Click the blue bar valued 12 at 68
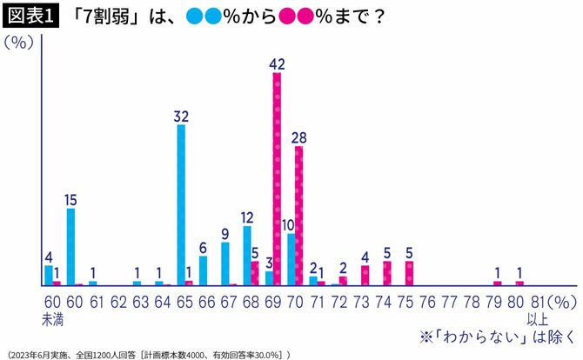point(247,255)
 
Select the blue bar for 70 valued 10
point(291,258)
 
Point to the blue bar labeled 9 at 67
point(224,263)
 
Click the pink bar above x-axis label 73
point(365,275)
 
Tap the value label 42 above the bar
point(277,63)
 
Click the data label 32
point(181,115)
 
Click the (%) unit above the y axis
point(19,45)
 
